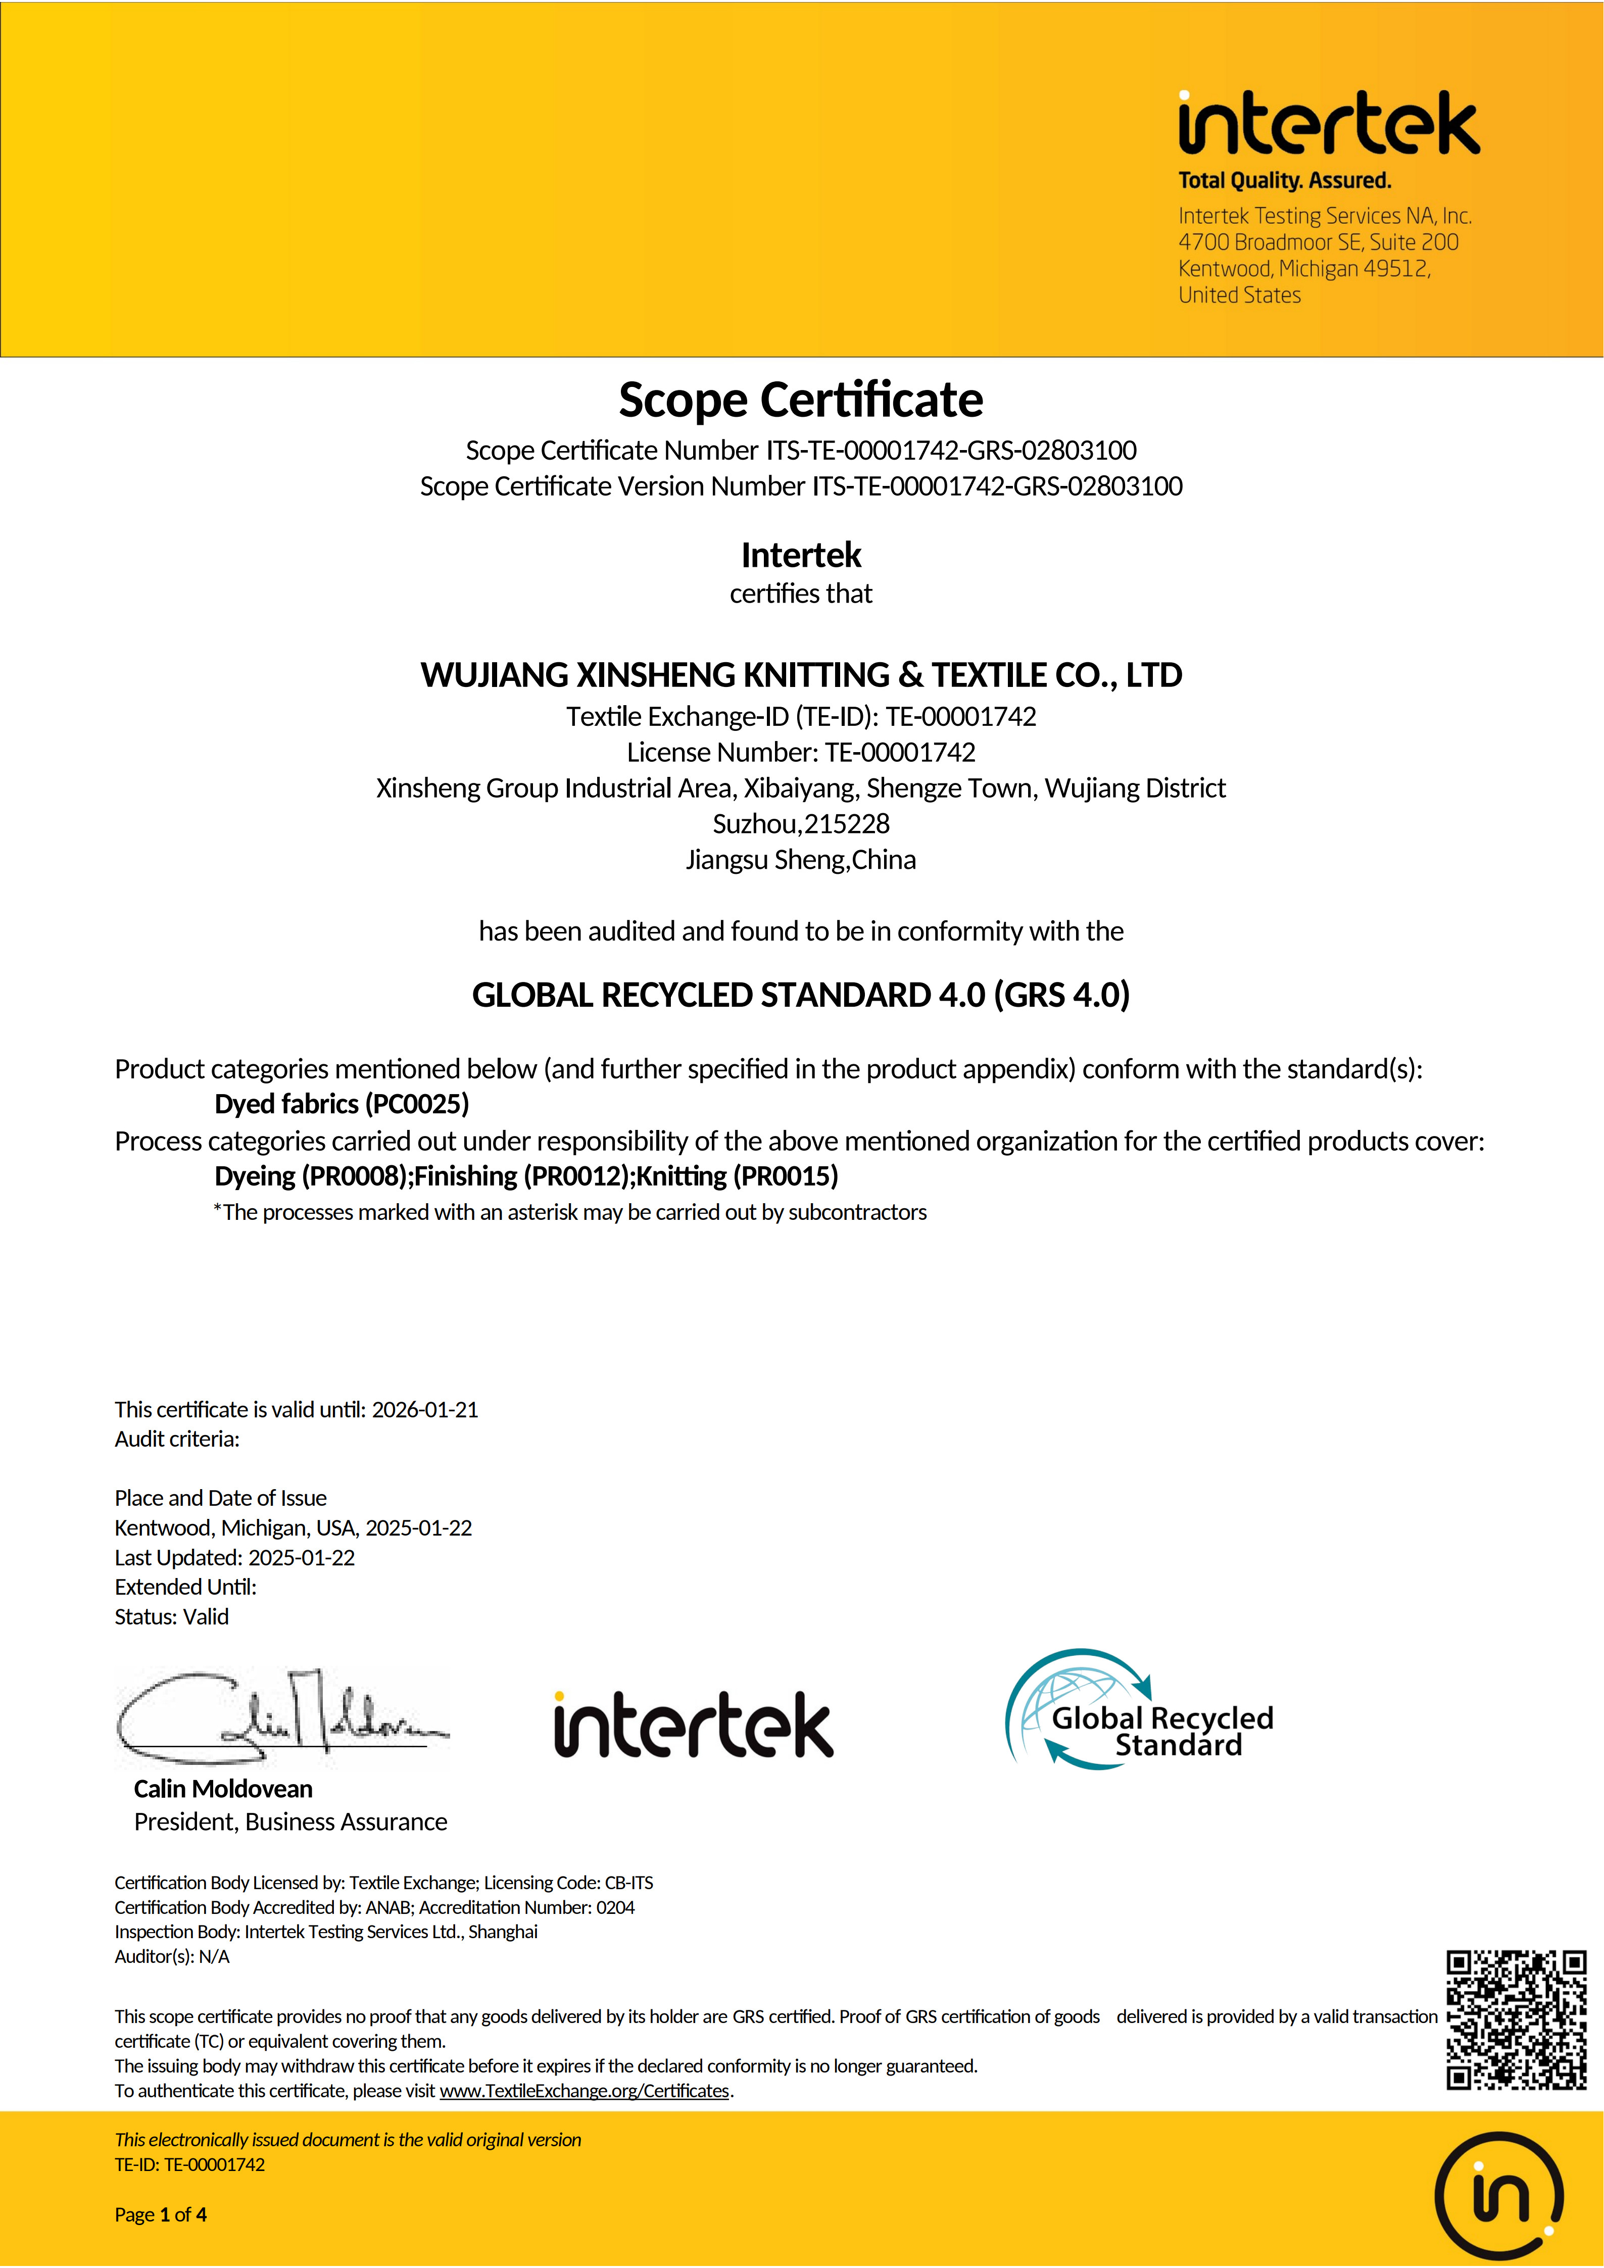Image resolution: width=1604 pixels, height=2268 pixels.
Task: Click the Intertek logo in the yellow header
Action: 1329,123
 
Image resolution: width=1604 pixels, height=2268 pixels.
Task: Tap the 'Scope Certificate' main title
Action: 801,400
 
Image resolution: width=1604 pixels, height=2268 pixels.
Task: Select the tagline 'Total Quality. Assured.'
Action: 1284,181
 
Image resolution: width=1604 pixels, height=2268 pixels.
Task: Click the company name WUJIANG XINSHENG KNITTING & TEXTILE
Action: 801,675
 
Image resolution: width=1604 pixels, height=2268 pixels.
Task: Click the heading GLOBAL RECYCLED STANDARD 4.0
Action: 801,995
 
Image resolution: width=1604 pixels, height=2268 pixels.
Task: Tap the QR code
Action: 1516,2020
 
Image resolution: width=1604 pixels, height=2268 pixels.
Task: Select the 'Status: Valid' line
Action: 172,1617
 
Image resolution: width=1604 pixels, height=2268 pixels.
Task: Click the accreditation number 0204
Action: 615,1907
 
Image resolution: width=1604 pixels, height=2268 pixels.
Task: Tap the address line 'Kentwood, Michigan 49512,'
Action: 1304,269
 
